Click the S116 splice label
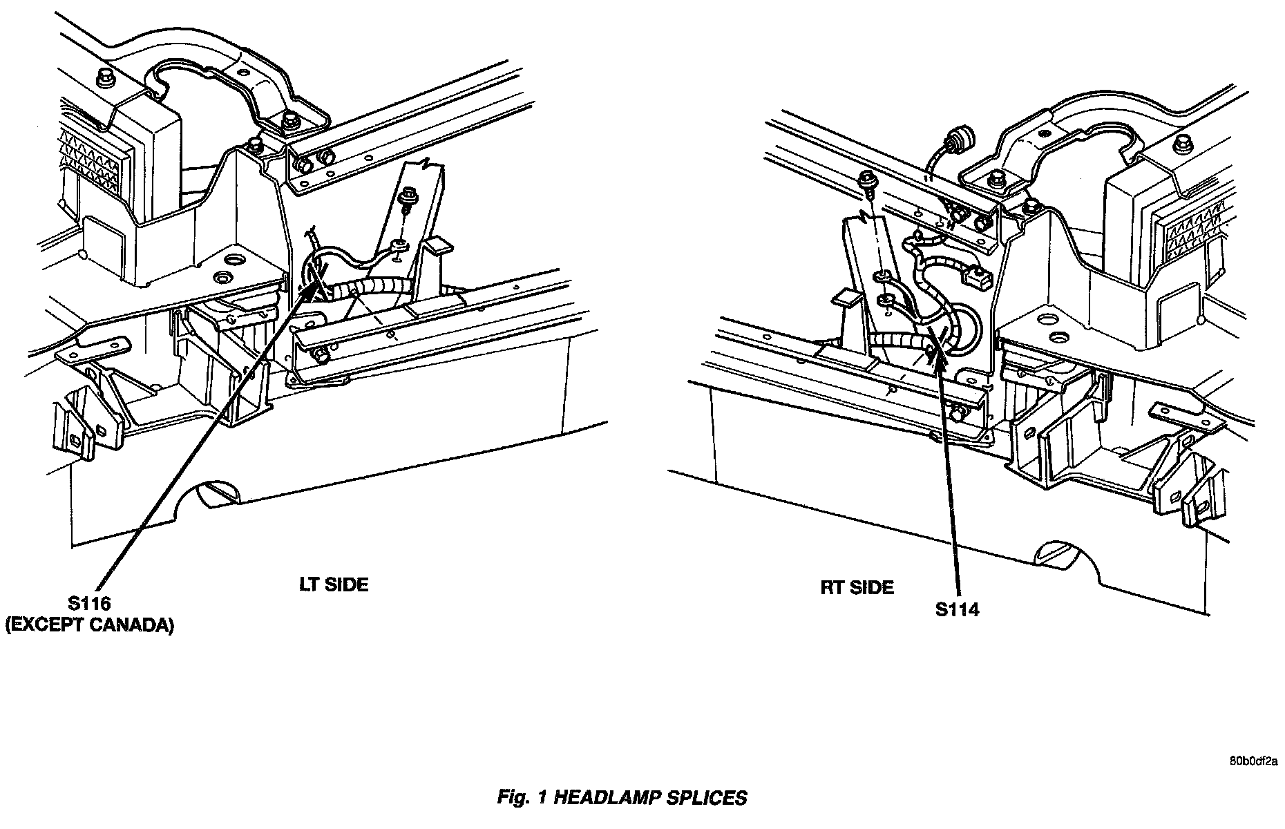click(x=89, y=604)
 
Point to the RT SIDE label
click(x=857, y=587)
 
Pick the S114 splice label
click(x=957, y=609)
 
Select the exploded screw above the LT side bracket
click(x=409, y=201)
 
